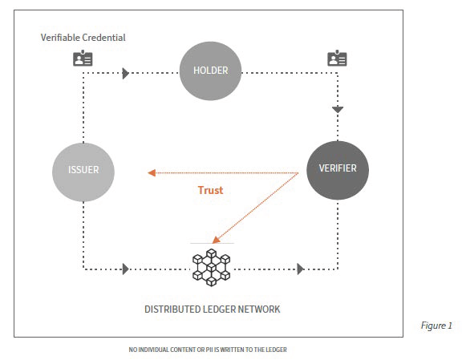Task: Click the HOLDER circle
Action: [x=210, y=71]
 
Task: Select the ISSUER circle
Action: [x=83, y=172]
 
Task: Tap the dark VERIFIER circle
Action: [x=338, y=170]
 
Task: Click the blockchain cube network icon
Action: [x=211, y=268]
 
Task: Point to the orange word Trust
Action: [x=210, y=190]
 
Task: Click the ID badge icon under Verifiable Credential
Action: [x=83, y=58]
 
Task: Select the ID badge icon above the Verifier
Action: [x=337, y=58]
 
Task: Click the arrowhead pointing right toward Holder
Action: [x=126, y=73]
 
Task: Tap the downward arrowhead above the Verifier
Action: [x=338, y=110]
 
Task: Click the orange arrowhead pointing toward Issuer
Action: [x=152, y=173]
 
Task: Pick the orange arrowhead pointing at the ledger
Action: [x=216, y=240]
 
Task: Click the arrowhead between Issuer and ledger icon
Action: [x=126, y=269]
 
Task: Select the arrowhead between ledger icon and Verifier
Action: [x=301, y=269]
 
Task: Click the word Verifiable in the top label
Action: [x=60, y=38]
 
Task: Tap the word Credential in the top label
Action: [x=103, y=38]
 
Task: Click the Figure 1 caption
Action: [x=436, y=326]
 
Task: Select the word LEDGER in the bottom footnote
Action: [x=277, y=350]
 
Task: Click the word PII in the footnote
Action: [x=210, y=350]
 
